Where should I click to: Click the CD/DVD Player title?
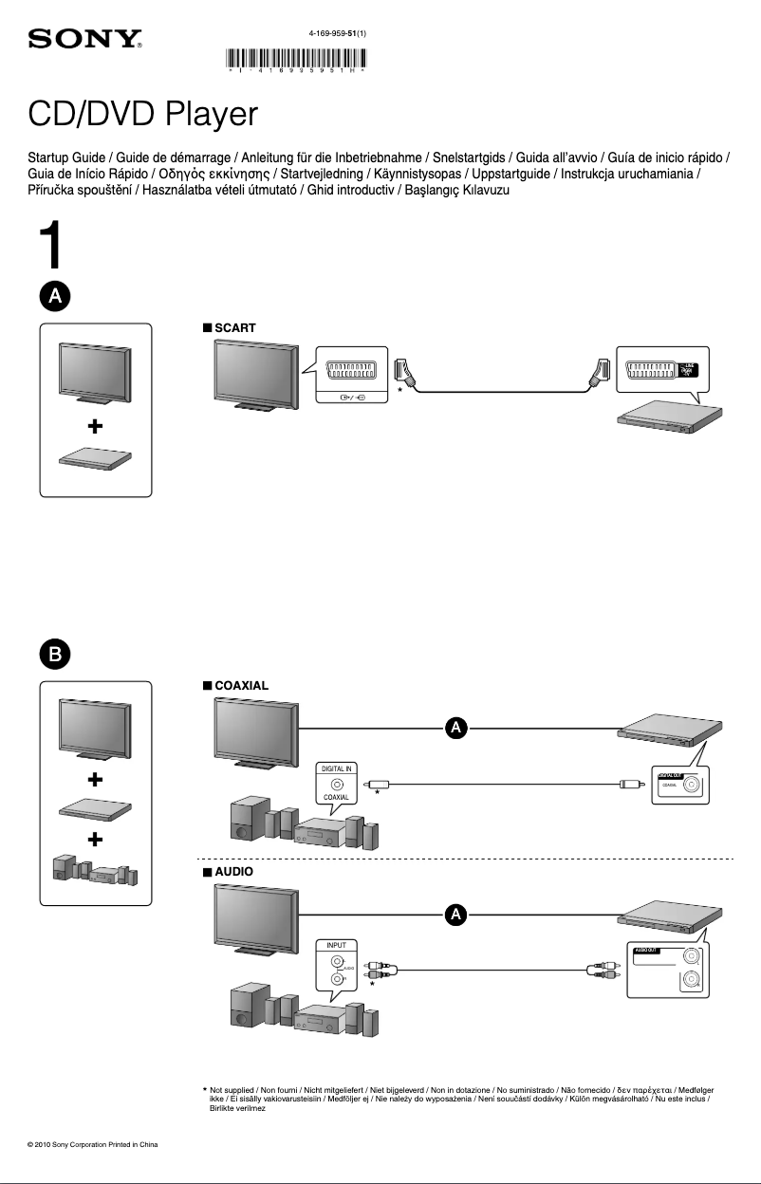pos(142,115)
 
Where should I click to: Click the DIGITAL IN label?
pos(337,768)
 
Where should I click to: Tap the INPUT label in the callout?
pos(337,946)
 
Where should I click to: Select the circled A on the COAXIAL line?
pos(456,729)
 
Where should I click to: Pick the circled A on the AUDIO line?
pos(456,915)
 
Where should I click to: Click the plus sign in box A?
pos(96,426)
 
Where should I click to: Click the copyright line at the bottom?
pos(92,1144)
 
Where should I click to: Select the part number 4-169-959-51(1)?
pos(337,33)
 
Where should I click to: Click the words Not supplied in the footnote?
pos(233,1091)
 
